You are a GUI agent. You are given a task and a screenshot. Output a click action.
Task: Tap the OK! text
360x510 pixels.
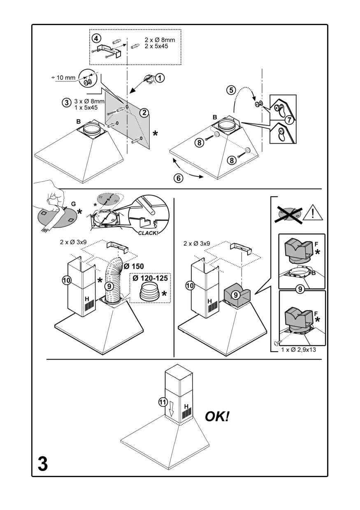pyautogui.click(x=217, y=417)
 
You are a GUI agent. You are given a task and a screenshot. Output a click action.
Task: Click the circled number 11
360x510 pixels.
pyautogui.click(x=163, y=402)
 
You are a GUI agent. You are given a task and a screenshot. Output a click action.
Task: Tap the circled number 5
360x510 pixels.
pyautogui.click(x=231, y=89)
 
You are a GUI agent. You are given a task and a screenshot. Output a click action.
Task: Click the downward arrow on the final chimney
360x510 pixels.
pyautogui.click(x=172, y=408)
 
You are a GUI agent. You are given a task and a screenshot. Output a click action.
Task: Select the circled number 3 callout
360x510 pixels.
pyautogui.click(x=65, y=103)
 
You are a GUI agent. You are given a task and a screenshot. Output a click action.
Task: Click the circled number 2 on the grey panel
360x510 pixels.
pyautogui.click(x=144, y=112)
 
